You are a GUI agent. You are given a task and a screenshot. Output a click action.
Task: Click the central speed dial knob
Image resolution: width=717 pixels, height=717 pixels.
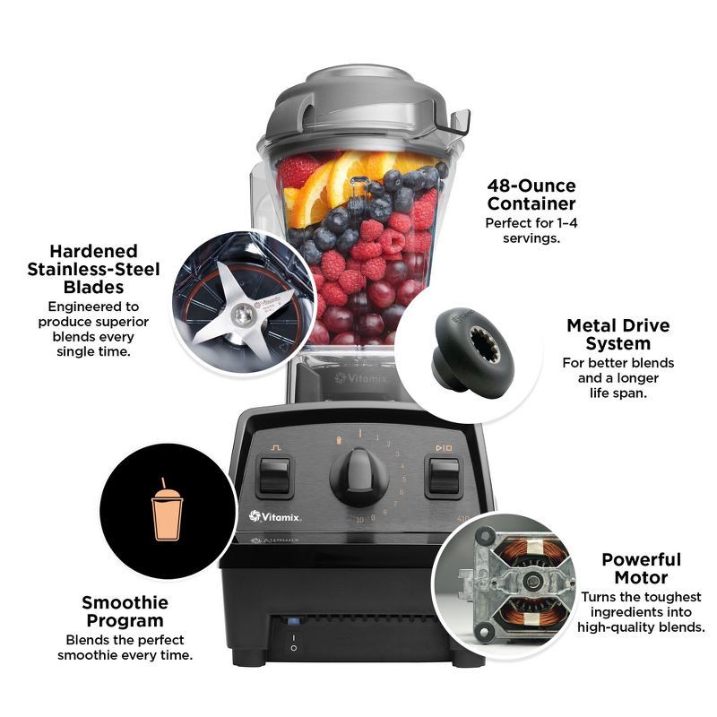point(358,472)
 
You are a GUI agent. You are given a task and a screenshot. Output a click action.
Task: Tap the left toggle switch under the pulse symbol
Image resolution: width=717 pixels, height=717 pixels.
point(273,476)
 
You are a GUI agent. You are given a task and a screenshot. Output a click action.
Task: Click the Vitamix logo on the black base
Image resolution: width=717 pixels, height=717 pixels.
point(275,516)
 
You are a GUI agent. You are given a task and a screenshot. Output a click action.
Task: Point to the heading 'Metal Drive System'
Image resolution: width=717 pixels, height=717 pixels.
point(618,334)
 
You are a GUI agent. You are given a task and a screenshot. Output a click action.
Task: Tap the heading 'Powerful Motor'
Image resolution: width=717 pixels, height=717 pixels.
point(641,568)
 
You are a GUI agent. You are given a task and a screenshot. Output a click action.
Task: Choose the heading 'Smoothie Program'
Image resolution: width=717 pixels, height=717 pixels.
point(124,612)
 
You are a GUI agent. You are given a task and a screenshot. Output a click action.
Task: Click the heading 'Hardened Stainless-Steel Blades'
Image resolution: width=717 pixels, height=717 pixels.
point(93,269)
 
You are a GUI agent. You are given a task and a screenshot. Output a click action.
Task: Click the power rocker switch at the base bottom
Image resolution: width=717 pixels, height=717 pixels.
point(291,644)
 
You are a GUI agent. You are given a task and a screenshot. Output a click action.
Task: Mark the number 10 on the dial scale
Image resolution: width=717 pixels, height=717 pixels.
point(358,520)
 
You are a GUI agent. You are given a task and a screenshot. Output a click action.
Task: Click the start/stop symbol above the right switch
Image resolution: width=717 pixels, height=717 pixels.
point(444,445)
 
